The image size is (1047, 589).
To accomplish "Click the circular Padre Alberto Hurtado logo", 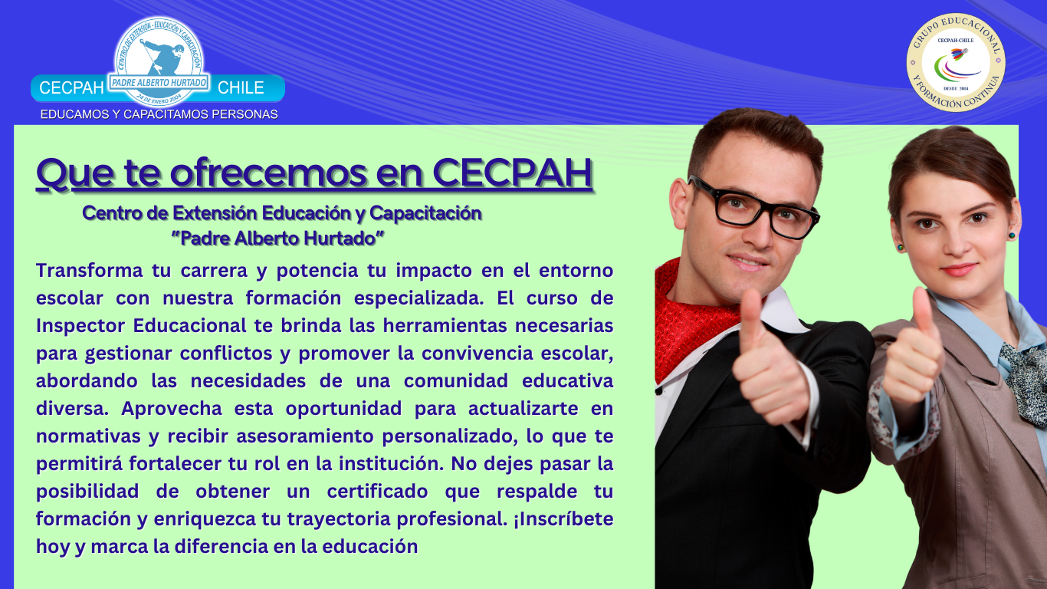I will pyautogui.click(x=158, y=61).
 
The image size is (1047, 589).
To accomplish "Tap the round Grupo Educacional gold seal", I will pyautogui.click(x=955, y=62).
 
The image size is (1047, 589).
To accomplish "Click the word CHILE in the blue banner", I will pyautogui.click(x=241, y=87).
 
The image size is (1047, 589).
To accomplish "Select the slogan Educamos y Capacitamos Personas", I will pyautogui.click(x=159, y=114).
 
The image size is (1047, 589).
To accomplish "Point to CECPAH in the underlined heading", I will pyautogui.click(x=512, y=173).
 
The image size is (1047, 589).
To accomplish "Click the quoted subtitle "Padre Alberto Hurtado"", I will pyautogui.click(x=277, y=239).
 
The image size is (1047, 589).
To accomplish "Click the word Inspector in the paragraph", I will pyautogui.click(x=80, y=326).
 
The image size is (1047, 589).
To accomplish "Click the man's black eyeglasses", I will pyautogui.click(x=754, y=207).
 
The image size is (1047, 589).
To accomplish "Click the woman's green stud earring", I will pyautogui.click(x=901, y=247).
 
